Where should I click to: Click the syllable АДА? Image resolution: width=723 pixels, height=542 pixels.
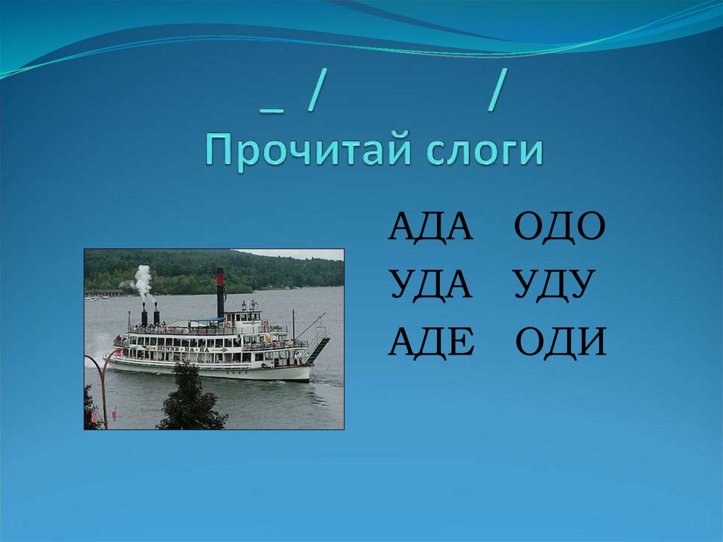click(x=430, y=228)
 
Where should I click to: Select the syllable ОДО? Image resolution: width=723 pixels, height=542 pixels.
click(x=559, y=228)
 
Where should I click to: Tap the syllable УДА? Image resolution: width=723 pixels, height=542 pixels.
click(x=430, y=285)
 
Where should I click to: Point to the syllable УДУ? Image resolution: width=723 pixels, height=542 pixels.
click(x=551, y=285)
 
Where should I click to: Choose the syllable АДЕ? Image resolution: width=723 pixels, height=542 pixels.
click(x=429, y=343)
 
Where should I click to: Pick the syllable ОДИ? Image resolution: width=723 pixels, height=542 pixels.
click(x=561, y=343)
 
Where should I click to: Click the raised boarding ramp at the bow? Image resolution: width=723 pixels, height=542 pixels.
click(x=317, y=349)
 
